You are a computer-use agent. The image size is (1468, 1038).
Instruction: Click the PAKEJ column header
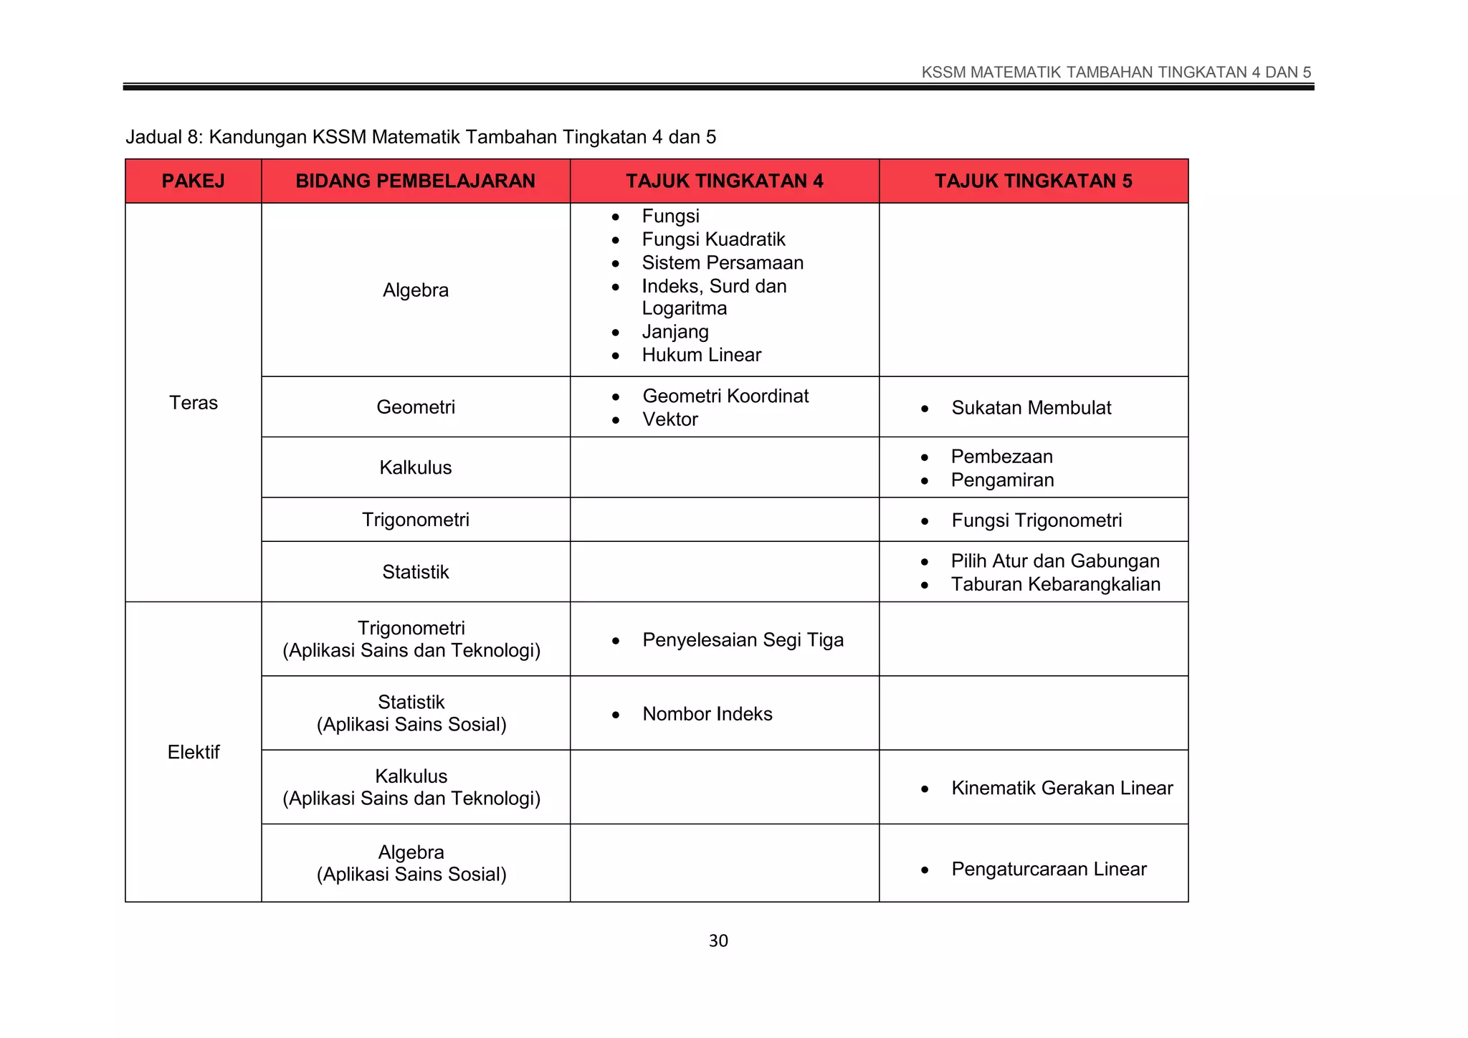(x=193, y=181)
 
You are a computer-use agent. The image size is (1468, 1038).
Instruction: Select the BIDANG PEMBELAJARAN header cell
(x=415, y=181)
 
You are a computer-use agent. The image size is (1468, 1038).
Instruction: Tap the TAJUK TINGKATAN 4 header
(x=724, y=181)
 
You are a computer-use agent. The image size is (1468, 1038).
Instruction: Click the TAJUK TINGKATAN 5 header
(x=1033, y=181)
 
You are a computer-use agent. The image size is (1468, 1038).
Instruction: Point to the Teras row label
(x=193, y=402)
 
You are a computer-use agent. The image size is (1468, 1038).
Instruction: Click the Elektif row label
(x=193, y=752)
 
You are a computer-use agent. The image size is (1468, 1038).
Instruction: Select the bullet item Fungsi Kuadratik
(x=713, y=239)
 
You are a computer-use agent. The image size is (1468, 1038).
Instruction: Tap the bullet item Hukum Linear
(x=701, y=355)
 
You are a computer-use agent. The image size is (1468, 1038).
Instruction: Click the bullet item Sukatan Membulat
(x=1031, y=408)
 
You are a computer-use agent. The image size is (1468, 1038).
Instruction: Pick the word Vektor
(x=669, y=419)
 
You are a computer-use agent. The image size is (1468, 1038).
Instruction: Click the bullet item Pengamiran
(x=1002, y=480)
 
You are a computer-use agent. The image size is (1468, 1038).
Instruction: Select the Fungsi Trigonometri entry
(x=1036, y=520)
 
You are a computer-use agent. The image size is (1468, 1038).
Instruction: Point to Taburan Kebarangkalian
(x=1055, y=584)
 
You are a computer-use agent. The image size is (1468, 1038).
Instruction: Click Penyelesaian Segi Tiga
(x=743, y=640)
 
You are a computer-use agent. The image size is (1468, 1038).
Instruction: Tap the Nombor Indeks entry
(x=707, y=714)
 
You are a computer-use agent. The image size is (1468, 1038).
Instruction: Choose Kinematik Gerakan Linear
(x=1062, y=789)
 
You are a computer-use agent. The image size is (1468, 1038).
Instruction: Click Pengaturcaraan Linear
(x=1049, y=870)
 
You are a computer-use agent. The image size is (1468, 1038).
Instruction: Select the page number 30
(x=718, y=941)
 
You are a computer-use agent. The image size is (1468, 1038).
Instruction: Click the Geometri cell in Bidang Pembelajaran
(x=415, y=407)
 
